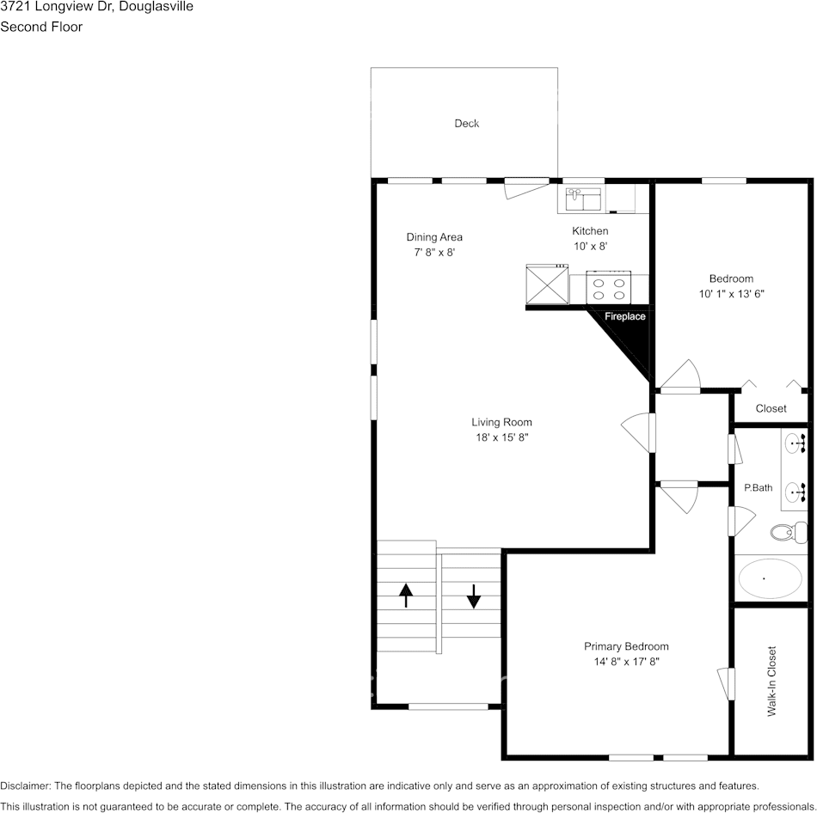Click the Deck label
pos(466,124)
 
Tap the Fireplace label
pos(624,316)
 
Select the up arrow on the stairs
pos(406,596)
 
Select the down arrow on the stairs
pos(473,596)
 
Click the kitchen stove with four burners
pos(609,287)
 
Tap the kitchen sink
pos(584,199)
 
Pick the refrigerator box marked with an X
pos(547,284)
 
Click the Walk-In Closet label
pos(771,682)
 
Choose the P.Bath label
pos(759,488)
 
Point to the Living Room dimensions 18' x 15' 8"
pos(501,437)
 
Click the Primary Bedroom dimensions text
pos(627,662)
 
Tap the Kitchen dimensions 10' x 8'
pos(590,247)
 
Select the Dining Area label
pos(434,237)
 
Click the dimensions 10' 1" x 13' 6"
pos(732,294)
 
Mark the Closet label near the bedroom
pos(771,408)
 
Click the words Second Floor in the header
pos(41,27)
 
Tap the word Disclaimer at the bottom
pos(25,785)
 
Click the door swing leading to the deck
pos(527,189)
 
